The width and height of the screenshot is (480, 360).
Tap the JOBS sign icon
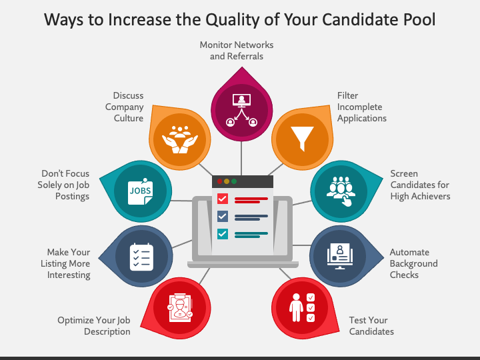140,191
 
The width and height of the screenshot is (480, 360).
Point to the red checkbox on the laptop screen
223,199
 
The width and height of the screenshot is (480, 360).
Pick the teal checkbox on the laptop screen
223,233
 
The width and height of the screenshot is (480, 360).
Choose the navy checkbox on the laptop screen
223,216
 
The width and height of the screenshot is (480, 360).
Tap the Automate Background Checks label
413,263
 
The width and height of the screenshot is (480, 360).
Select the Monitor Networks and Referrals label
237,51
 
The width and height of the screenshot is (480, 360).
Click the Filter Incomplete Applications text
361,107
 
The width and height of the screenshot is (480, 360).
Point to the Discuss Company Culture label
125,107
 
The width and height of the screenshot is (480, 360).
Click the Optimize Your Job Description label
94,326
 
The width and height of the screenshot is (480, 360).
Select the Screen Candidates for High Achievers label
420,185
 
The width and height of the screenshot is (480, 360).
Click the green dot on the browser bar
234,181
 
